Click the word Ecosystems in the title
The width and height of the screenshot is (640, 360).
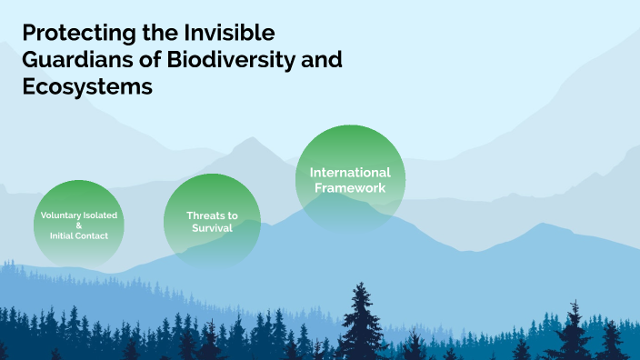(86, 87)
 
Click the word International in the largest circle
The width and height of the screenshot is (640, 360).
(350, 172)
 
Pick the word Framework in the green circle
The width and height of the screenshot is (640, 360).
(350, 187)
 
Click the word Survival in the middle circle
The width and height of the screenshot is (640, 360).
(212, 228)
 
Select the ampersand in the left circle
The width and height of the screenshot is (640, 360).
(79, 225)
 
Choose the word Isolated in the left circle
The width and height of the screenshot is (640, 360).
(101, 215)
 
